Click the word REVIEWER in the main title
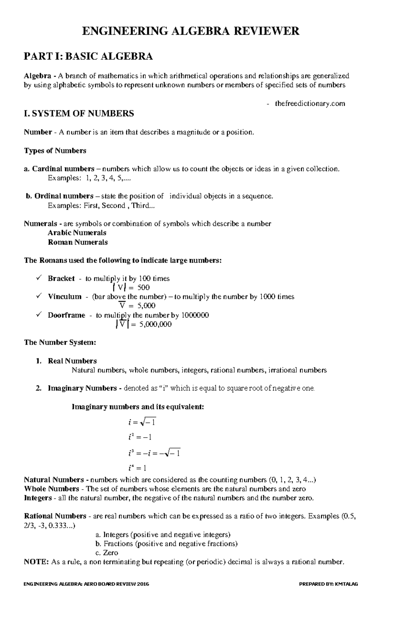(267, 31)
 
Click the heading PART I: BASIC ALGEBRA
(88, 56)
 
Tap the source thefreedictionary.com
(310, 104)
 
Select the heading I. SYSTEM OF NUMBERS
(79, 114)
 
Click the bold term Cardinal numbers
(63, 169)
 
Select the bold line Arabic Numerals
(77, 233)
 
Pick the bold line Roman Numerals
(77, 242)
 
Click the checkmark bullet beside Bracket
(39, 278)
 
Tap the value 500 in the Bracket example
(143, 288)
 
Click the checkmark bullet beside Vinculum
(39, 296)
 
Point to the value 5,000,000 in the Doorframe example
(155, 324)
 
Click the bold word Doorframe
(66, 315)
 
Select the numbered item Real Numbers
(72, 361)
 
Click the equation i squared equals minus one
(140, 437)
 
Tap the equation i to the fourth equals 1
(137, 468)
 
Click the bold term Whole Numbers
(51, 489)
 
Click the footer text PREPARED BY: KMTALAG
(329, 584)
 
